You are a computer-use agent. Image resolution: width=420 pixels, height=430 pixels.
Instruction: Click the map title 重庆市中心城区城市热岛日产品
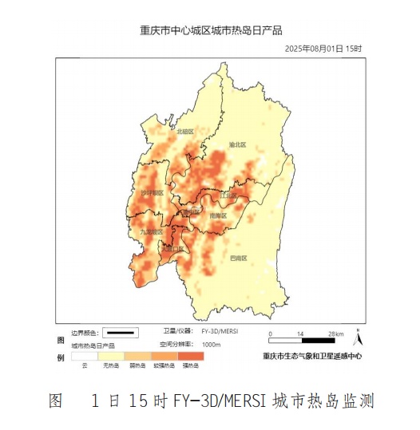coord(211,31)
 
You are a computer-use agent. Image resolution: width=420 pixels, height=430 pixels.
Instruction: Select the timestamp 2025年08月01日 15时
coord(323,49)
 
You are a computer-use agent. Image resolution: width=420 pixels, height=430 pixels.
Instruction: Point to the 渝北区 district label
coord(237,145)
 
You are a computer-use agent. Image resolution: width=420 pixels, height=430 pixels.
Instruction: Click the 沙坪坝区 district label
coord(152,193)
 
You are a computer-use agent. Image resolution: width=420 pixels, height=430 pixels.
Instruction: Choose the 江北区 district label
coord(228,194)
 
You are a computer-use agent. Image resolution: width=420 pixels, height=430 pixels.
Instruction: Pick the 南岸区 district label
coord(218,215)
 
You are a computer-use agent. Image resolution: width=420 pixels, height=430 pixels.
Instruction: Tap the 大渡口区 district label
coord(172,249)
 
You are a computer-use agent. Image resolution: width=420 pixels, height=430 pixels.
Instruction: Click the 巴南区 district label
coord(238,258)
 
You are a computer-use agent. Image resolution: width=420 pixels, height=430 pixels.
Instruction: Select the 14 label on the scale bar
coord(300,333)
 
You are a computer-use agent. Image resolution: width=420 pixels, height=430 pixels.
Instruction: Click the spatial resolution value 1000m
coord(212,345)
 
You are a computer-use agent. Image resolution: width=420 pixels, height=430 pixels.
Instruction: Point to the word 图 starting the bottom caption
coord(56,400)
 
